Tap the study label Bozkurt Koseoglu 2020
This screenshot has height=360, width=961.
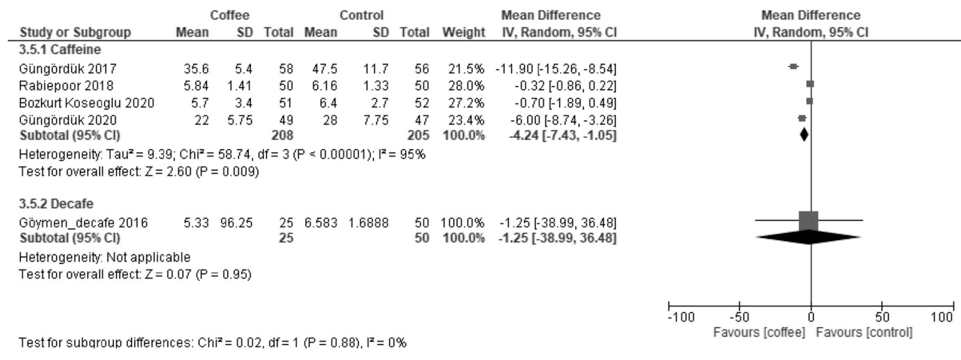87,103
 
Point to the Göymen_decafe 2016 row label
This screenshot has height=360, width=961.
84,223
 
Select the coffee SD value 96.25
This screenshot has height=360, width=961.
236,223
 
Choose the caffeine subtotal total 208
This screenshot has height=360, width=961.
282,135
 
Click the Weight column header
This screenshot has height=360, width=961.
464,32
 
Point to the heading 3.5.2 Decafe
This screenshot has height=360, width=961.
56,204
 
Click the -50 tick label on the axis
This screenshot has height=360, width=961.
739,317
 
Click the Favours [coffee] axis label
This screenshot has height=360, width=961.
759,332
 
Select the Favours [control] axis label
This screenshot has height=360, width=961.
864,332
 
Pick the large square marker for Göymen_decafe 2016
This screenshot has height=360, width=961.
808,221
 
